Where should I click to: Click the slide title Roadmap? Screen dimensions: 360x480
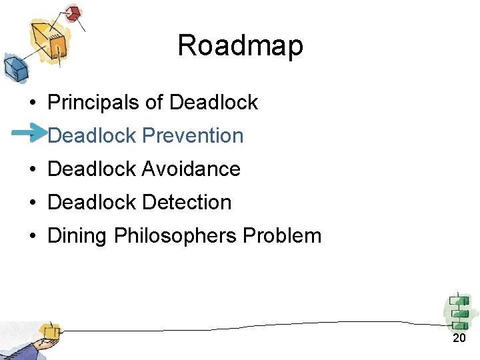click(x=240, y=46)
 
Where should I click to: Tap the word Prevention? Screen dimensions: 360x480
click(x=193, y=135)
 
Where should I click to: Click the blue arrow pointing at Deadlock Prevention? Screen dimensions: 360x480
click(x=28, y=133)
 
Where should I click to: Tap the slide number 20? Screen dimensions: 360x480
click(x=459, y=339)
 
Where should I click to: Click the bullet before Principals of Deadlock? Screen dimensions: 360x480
click(x=31, y=103)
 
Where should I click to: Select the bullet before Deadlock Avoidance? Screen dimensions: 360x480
click(x=31, y=170)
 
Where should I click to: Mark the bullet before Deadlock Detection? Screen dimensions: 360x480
click(x=31, y=203)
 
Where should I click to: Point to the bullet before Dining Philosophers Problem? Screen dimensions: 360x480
click(x=31, y=237)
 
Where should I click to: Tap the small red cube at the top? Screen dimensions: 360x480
click(x=72, y=13)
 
